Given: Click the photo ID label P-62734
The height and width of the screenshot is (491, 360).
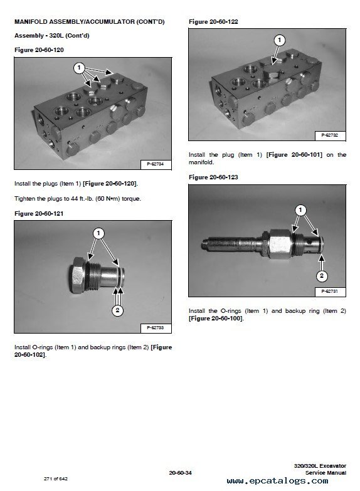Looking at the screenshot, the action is pos(155,164).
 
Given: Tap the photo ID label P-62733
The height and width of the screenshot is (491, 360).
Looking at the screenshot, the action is pos(155,328).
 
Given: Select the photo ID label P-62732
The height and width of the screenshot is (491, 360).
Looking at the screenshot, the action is pos(330,135).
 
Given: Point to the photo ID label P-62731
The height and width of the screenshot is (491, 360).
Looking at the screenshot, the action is pos(330,292).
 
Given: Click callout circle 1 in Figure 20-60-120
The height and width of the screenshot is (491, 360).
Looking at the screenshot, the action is pos(79,68).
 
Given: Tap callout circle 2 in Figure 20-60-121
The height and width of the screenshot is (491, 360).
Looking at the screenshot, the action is pos(117,310).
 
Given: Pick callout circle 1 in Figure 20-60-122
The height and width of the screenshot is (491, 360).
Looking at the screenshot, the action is pos(280,40).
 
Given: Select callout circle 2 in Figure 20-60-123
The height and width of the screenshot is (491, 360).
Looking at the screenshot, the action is pos(322,276).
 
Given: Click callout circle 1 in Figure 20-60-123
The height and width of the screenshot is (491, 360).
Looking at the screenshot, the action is pos(300,210).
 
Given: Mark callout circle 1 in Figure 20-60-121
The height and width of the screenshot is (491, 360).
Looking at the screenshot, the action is pos(98,233).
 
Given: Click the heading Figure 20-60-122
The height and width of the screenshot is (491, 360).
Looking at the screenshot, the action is pos(213,22).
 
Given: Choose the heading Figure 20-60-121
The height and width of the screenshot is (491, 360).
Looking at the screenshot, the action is pos(39,214).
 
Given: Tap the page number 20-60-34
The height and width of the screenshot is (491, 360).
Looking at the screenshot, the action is pos(180,473).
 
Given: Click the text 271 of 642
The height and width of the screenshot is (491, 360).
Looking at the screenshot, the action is pos(56,479).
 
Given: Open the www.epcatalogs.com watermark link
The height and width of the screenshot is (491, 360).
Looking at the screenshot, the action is pos(278,481).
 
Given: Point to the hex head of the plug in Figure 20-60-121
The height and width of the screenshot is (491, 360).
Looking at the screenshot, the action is pos(77,275).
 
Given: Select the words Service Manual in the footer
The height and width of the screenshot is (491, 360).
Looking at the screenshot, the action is pos(326,473).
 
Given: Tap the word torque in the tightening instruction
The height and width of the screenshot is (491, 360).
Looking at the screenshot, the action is pos(131,199).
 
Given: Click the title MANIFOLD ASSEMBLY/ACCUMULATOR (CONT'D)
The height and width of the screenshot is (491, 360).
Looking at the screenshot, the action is pos(90,22).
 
